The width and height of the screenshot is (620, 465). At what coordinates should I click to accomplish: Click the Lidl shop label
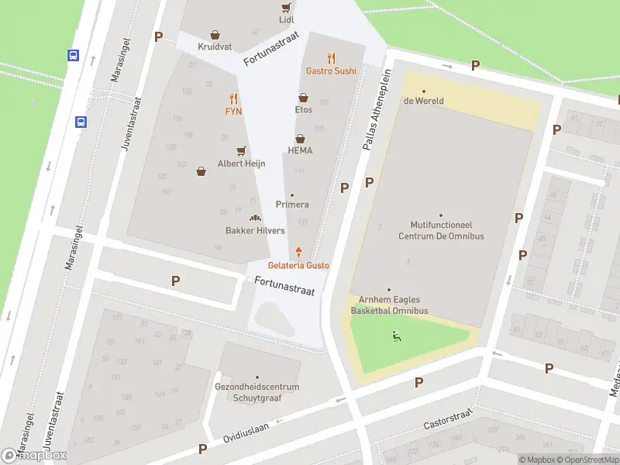[287, 19]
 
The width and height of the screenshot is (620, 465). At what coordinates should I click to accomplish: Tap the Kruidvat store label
[215, 46]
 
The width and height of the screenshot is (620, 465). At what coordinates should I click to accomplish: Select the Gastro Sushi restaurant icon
[332, 57]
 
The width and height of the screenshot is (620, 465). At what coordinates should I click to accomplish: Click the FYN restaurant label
[233, 111]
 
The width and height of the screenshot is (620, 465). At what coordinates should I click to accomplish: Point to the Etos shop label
[303, 110]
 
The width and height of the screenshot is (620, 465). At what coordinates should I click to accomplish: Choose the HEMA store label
[300, 150]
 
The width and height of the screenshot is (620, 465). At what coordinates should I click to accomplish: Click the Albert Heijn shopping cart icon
[241, 151]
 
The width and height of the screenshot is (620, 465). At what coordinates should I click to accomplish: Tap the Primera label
[292, 205]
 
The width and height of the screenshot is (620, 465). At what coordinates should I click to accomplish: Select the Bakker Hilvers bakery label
[255, 230]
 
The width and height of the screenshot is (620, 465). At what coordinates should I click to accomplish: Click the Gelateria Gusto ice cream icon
[298, 252]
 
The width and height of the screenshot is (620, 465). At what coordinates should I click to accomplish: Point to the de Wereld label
[423, 101]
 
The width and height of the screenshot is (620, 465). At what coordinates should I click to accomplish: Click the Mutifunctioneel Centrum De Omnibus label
[440, 230]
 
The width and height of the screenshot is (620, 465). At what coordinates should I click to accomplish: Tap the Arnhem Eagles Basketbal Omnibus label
[389, 305]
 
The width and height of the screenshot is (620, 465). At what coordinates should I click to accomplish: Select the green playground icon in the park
[396, 336]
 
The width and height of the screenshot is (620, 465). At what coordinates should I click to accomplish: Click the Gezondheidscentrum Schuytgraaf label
[257, 392]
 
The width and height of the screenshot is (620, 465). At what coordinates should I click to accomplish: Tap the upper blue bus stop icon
[73, 55]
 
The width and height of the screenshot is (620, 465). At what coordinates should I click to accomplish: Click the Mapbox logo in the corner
[34, 455]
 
